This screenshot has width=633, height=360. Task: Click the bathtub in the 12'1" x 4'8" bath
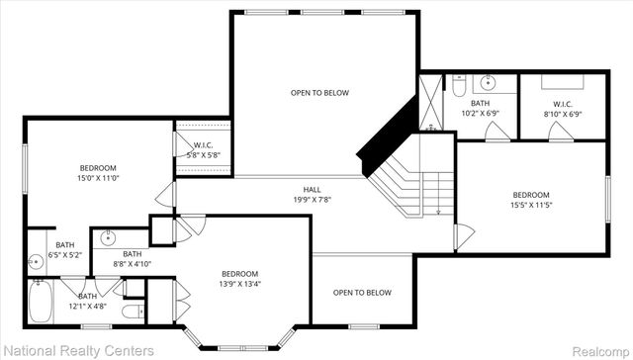[42, 302]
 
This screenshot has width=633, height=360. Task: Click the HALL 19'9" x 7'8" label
[313, 194]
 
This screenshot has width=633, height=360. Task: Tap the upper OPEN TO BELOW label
[318, 93]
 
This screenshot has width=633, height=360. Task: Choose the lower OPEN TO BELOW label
[362, 293]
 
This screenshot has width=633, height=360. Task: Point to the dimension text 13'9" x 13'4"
[239, 284]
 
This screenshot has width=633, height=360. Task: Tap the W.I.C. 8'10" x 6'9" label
[563, 109]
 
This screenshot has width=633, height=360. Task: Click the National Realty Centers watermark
[78, 350]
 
